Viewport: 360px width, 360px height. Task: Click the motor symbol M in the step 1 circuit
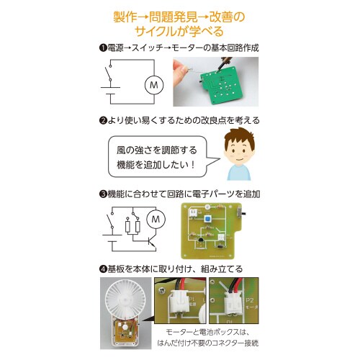(152, 86)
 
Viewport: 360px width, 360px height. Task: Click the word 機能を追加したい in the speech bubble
(152, 164)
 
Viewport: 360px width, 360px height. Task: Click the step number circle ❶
(102, 48)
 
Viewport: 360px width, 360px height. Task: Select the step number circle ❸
(102, 194)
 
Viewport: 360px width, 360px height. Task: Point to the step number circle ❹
(102, 269)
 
